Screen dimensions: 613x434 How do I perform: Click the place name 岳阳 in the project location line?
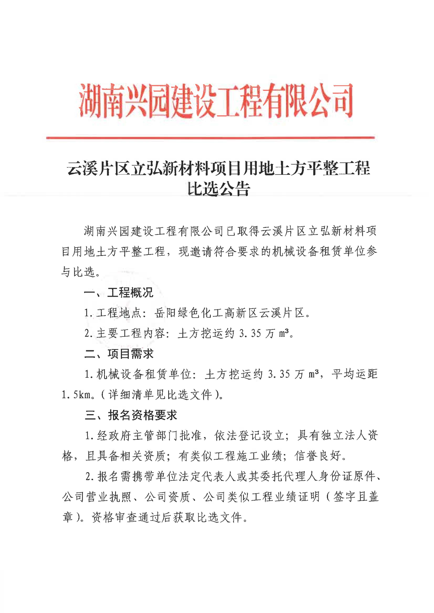166,313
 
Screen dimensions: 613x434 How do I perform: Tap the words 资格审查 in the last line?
115,517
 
